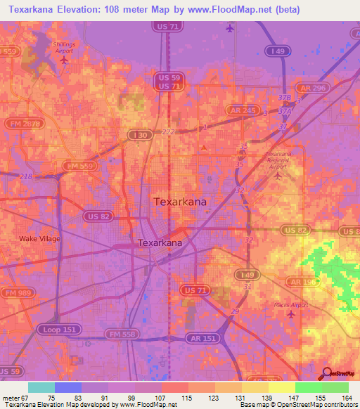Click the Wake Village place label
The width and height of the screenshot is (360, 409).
(39, 239)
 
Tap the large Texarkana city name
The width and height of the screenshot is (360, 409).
(180, 202)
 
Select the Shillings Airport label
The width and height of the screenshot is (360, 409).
(64, 46)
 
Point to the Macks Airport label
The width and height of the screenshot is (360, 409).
(290, 305)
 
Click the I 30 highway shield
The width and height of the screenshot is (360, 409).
(136, 134)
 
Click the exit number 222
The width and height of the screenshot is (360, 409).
(167, 132)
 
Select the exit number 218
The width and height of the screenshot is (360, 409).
(27, 176)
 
